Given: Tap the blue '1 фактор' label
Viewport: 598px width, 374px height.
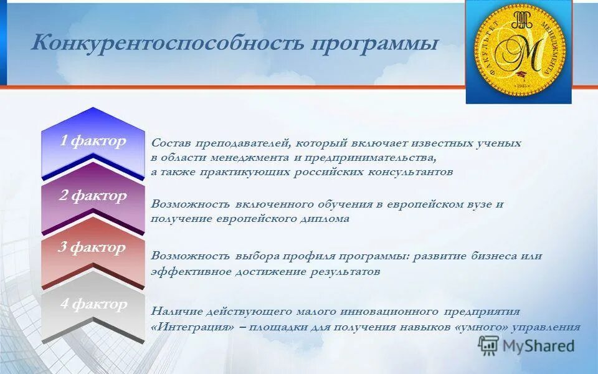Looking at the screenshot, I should (x=93, y=141).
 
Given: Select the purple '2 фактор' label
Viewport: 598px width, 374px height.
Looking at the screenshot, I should (x=93, y=196).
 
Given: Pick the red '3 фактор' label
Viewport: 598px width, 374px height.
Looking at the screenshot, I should (x=92, y=247).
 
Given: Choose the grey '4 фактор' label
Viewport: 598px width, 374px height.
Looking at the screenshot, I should (x=93, y=304).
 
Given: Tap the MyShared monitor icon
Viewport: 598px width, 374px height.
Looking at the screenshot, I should (x=488, y=345).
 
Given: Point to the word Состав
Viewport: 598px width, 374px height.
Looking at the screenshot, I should (x=169, y=143).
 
